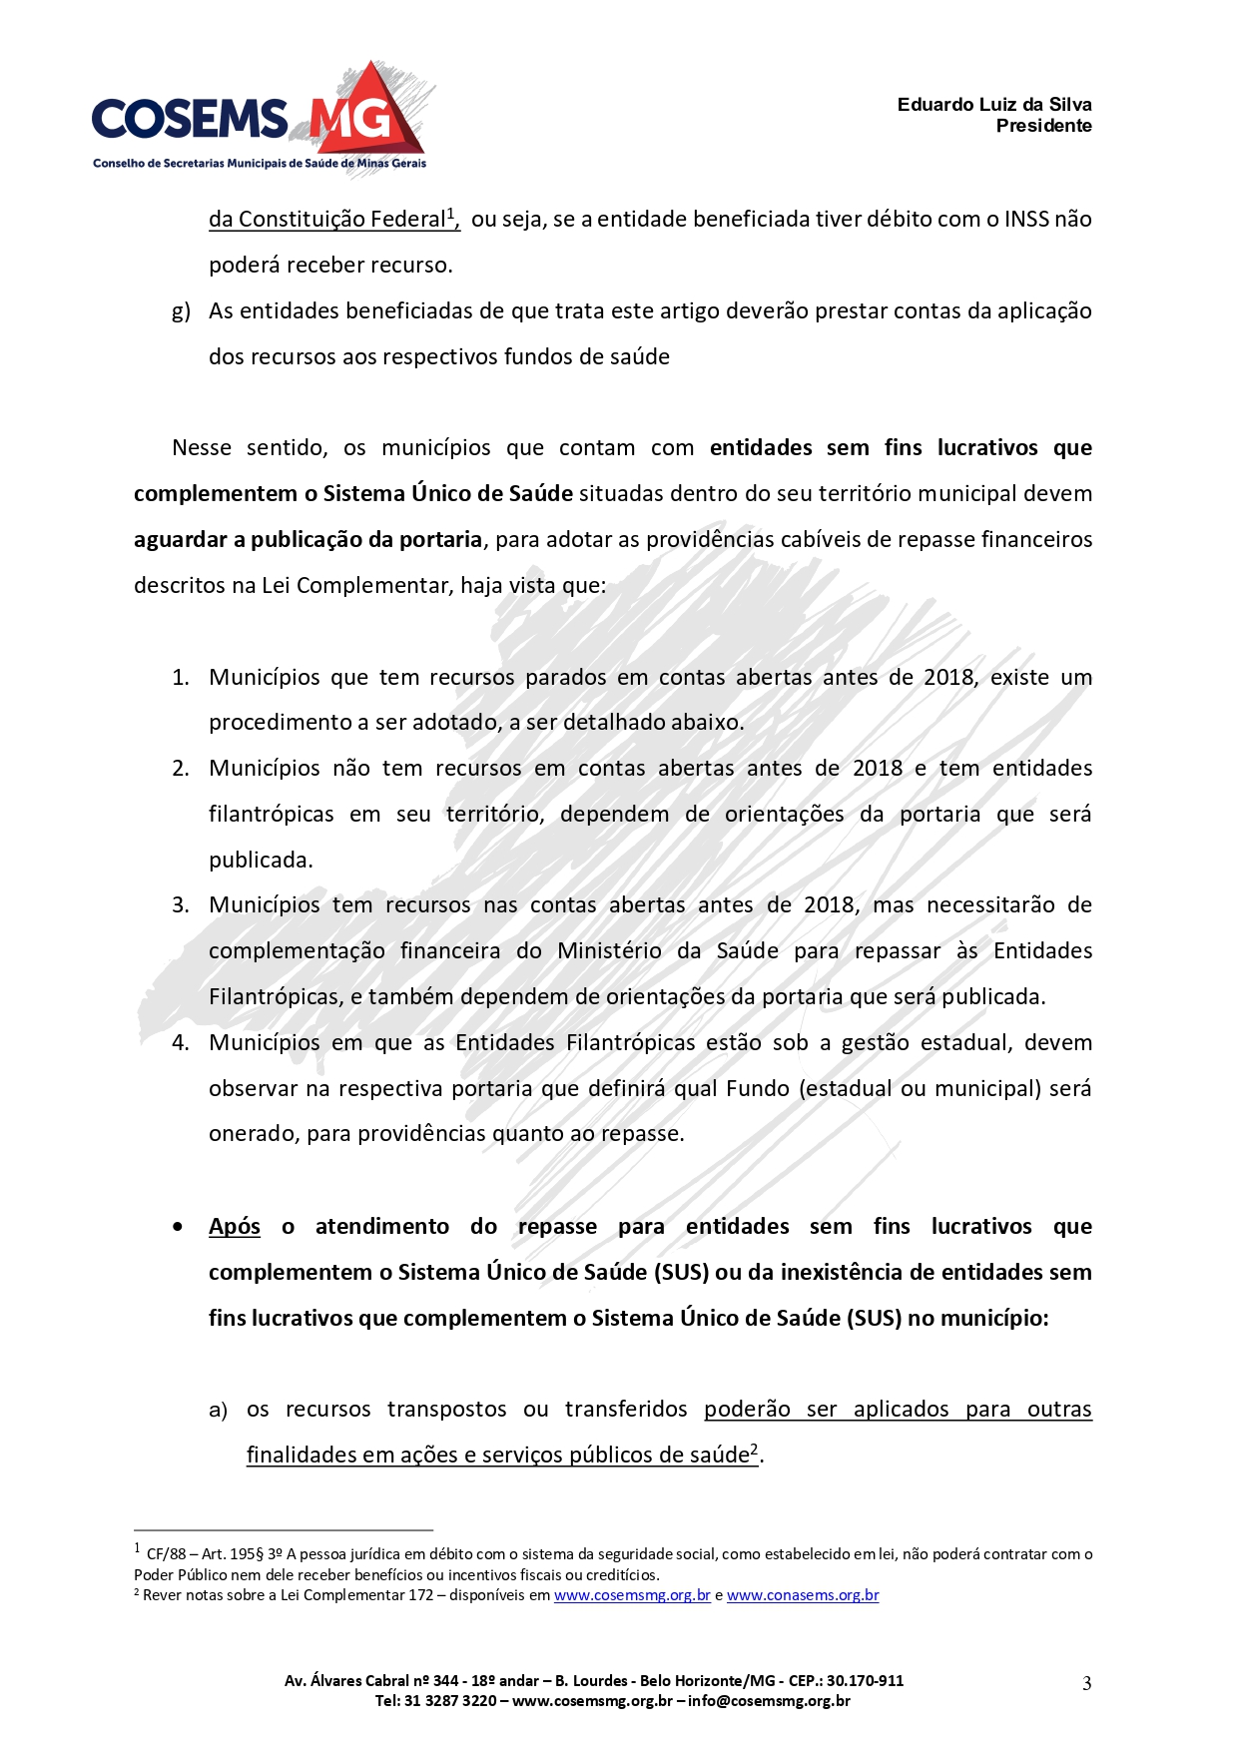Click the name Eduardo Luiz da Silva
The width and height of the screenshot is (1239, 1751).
point(993,105)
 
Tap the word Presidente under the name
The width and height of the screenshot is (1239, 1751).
point(1043,126)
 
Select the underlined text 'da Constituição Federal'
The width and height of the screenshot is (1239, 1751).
point(326,220)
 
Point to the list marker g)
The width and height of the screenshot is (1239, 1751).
point(181,311)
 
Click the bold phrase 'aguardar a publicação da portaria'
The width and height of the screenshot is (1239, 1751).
point(308,540)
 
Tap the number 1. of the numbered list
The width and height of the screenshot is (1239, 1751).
point(181,678)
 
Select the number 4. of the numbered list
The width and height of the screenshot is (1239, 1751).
point(181,1043)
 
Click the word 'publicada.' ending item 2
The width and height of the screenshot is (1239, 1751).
point(261,861)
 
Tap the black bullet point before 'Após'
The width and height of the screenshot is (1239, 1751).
point(179,1227)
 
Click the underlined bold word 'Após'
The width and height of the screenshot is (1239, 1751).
point(235,1227)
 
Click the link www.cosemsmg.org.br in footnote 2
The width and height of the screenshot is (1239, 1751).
point(632,1595)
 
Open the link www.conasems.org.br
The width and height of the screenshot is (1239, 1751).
point(803,1595)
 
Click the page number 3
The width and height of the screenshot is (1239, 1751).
point(1087,1683)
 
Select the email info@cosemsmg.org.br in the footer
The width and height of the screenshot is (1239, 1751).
point(769,1701)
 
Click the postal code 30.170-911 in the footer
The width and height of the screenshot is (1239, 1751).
point(864,1681)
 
